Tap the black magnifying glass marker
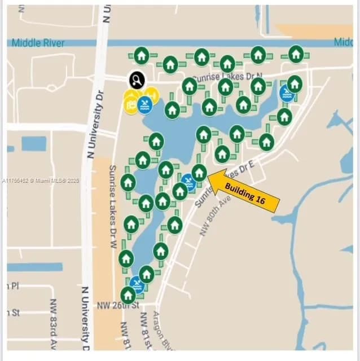click(136, 81)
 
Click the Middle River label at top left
click(38, 43)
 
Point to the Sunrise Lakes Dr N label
click(228, 76)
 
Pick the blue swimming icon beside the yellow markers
click(145, 104)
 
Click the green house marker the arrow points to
click(199, 172)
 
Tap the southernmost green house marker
click(128, 294)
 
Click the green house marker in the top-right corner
click(296, 54)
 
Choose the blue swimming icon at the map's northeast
click(287, 94)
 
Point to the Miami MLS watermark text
click(41, 180)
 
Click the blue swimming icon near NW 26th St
click(136, 284)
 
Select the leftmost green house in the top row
click(141, 55)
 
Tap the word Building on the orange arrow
click(238, 187)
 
